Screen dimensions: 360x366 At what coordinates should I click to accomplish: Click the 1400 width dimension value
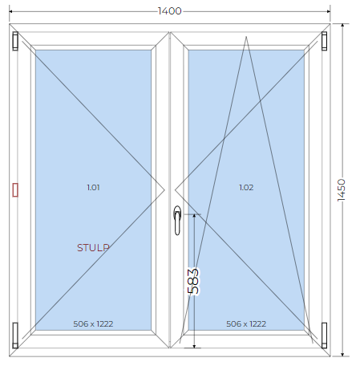click(170, 11)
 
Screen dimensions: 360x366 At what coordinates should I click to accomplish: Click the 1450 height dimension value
click(342, 190)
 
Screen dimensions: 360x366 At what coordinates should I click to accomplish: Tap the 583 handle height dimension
click(193, 281)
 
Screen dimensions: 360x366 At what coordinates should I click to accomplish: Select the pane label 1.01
click(93, 187)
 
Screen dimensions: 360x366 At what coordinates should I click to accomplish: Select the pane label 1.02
click(246, 187)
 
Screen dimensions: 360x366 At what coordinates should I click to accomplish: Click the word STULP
click(93, 248)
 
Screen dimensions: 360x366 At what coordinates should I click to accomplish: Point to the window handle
click(177, 221)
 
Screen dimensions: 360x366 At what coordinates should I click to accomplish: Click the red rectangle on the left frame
click(15, 190)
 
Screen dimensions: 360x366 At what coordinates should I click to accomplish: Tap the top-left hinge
click(15, 41)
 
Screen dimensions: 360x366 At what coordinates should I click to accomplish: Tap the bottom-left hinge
click(15, 335)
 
